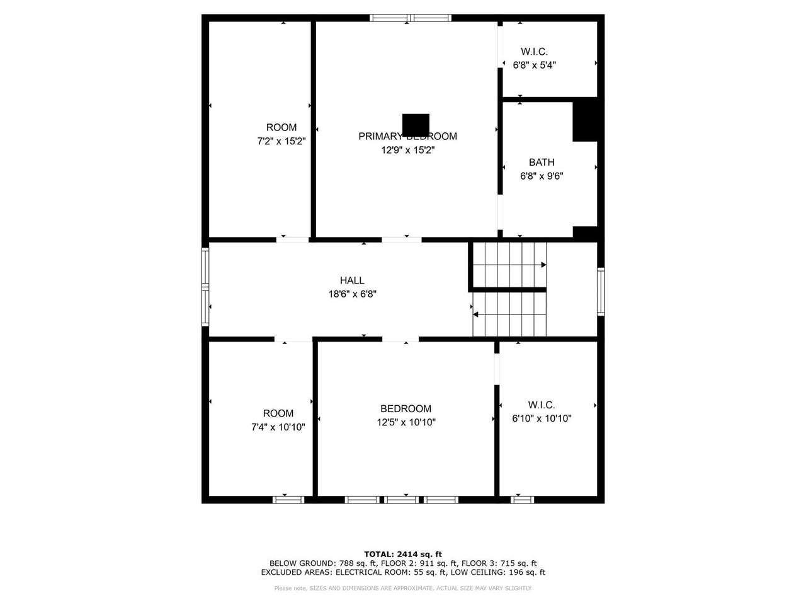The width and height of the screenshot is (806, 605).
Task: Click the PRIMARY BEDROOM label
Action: pos(407,136)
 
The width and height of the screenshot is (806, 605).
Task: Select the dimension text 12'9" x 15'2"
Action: pos(407,150)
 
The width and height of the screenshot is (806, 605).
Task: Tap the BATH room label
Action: pos(542,163)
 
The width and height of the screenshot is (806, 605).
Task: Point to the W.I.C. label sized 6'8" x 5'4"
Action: pos(534,52)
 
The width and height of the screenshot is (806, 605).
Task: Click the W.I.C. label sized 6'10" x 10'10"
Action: pos(542,405)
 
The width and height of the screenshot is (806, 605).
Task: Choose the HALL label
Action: pos(352,280)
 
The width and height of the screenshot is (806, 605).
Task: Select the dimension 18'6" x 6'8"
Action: pos(352,294)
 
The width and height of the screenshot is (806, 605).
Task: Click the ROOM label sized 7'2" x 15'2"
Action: pos(281,127)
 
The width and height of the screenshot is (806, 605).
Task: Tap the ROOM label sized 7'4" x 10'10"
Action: pos(278,413)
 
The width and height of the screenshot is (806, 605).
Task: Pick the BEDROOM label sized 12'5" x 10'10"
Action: pos(406,408)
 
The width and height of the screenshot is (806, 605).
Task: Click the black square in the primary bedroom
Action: pos(416,124)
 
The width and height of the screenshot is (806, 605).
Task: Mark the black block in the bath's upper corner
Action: pos(584,121)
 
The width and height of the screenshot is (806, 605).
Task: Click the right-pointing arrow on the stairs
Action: pos(543,265)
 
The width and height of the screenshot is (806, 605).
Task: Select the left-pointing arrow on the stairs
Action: pos(476,314)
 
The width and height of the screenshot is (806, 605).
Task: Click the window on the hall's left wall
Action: pos(205,287)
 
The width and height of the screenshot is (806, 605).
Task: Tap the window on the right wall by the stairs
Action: pos(601,291)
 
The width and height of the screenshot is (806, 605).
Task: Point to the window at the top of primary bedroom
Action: pos(410,18)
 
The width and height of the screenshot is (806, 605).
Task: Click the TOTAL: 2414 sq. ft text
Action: pos(402,554)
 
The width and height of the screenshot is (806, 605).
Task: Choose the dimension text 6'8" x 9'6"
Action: pos(542,176)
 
